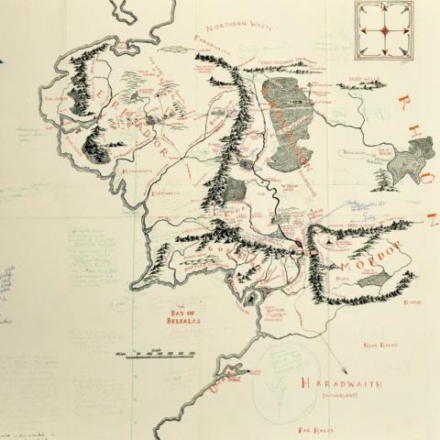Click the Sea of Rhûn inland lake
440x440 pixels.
pyautogui.click(x=396, y=167)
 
